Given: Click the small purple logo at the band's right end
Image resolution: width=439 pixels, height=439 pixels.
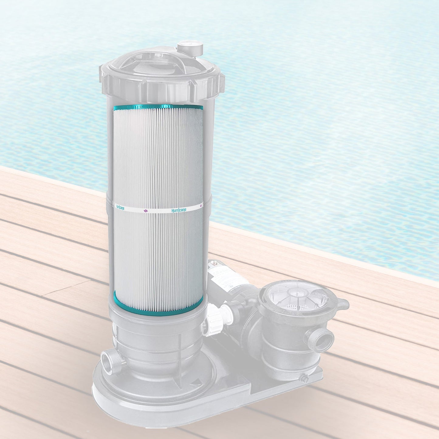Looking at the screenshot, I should (201, 206).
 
